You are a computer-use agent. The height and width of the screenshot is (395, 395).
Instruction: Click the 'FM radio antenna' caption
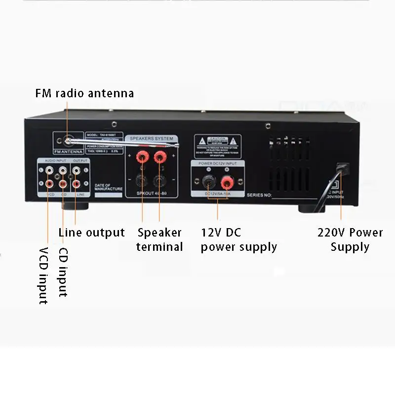coord(84,93)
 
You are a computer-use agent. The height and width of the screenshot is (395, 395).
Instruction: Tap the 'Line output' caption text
coord(91,233)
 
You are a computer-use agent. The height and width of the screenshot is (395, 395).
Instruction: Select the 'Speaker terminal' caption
coord(159,239)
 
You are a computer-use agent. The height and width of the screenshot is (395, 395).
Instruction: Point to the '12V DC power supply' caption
coord(238,239)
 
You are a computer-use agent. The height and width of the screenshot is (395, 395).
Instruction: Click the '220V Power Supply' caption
coord(350,239)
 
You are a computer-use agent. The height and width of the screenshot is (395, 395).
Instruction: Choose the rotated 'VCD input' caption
coord(43,276)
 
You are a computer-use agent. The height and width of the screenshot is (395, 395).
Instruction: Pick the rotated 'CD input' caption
coord(63,272)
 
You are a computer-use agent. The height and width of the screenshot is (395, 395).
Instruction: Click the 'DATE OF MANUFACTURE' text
coord(108,187)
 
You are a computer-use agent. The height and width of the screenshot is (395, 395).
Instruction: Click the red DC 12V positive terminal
coord(227,183)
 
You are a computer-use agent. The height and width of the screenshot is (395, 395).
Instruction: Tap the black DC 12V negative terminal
coord(208,183)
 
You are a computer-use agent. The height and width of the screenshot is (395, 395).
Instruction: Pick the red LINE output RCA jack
coord(76,184)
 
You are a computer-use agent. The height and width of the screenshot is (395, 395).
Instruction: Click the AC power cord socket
coord(341,168)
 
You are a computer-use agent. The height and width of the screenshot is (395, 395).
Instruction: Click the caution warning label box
coord(217,144)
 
